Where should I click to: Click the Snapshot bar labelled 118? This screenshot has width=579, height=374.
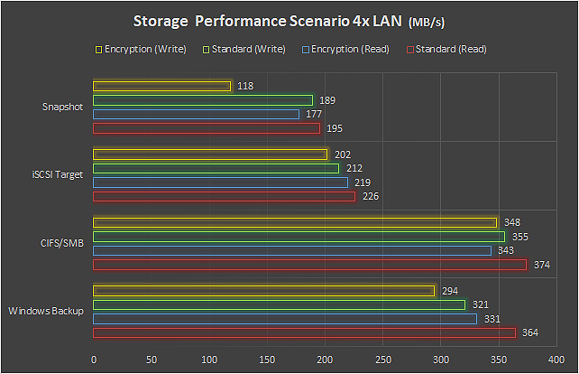(162, 86)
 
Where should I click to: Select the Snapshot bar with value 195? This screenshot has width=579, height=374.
(207, 128)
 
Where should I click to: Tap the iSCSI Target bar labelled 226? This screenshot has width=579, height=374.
(225, 196)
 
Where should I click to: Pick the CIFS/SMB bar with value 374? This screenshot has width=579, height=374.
(310, 265)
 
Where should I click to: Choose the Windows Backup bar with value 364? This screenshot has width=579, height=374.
(304, 332)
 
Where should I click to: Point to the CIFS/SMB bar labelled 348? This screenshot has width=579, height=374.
(295, 222)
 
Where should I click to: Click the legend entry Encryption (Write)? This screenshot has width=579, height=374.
(145, 49)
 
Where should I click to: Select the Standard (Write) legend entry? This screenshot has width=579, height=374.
(246, 49)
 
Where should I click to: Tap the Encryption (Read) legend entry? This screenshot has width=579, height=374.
(348, 49)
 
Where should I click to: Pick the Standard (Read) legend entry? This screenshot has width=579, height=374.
(448, 49)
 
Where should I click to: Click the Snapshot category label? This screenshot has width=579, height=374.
(63, 107)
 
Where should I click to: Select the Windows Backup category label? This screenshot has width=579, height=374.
(46, 311)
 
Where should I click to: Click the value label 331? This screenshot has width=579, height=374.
(492, 318)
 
